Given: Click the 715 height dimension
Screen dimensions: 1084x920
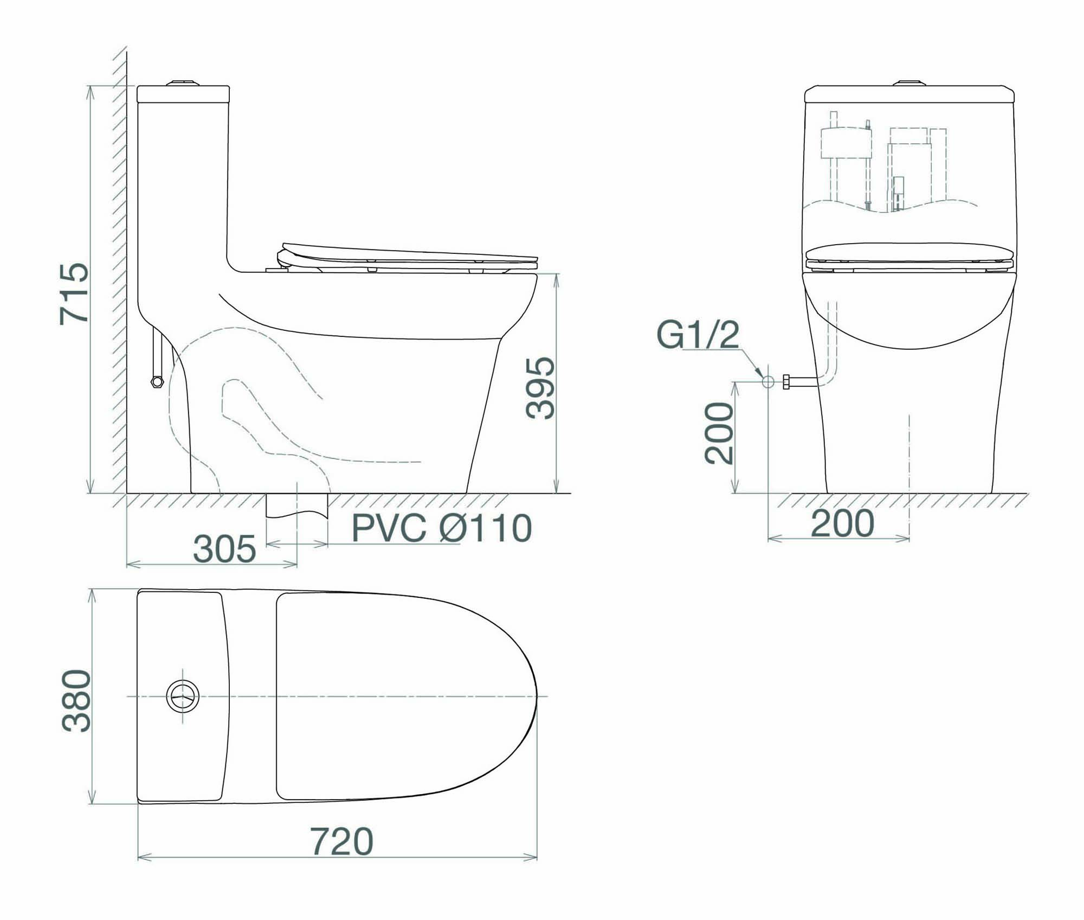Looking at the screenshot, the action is pos(74,294).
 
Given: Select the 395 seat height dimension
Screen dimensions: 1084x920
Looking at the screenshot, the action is pos(540,388).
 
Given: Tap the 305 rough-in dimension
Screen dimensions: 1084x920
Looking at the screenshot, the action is pos(224,548).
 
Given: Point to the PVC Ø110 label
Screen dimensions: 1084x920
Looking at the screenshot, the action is pos(442,528).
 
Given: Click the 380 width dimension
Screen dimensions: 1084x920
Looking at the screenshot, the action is pos(76,701).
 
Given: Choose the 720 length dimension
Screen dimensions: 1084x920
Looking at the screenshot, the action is pos(341,841).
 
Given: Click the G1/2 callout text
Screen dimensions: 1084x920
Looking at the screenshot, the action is pos(698,335).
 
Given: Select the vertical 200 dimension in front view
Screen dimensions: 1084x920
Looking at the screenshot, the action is pos(719,433).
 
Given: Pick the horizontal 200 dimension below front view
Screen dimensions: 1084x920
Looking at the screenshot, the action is pos(843,523).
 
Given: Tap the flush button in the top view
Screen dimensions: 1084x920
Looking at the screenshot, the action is pos(183,696).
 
